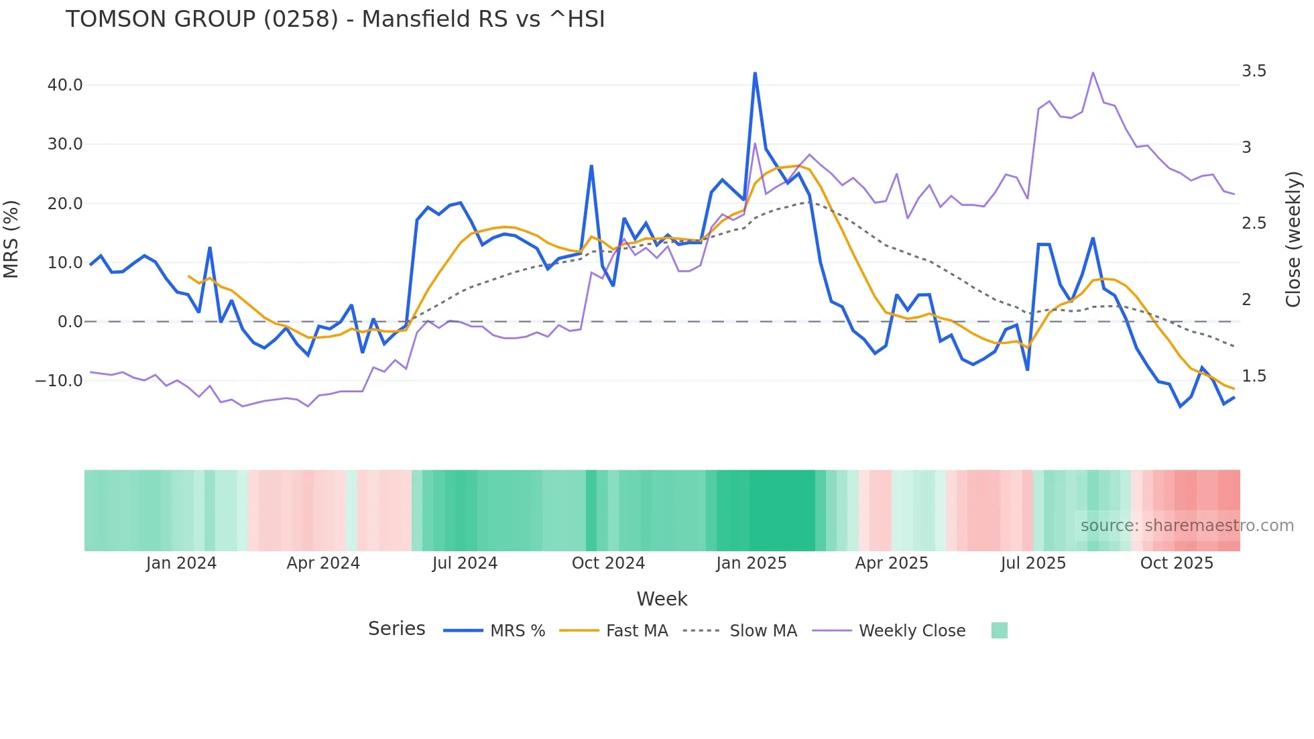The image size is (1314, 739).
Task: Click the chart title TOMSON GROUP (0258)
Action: [335, 19]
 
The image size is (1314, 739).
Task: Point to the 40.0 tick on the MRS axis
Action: [65, 85]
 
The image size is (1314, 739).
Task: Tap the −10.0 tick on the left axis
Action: [59, 381]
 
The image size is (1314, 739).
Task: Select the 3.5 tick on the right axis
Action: [1254, 71]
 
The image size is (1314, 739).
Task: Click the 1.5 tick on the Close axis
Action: [1254, 376]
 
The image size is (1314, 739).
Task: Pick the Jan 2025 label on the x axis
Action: [751, 563]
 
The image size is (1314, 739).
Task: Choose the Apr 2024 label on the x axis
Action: [323, 563]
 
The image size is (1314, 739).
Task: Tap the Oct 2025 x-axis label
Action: [1177, 563]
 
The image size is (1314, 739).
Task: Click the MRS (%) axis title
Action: [11, 239]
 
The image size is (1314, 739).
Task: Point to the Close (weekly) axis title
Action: [1293, 239]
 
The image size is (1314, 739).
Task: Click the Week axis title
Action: [662, 599]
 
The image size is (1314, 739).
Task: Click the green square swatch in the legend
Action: [999, 630]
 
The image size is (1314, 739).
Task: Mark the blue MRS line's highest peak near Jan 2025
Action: [755, 73]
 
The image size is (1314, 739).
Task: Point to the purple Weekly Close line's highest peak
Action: [1093, 73]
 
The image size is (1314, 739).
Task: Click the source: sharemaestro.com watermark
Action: [1187, 526]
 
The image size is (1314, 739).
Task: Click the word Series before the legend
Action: [396, 629]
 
